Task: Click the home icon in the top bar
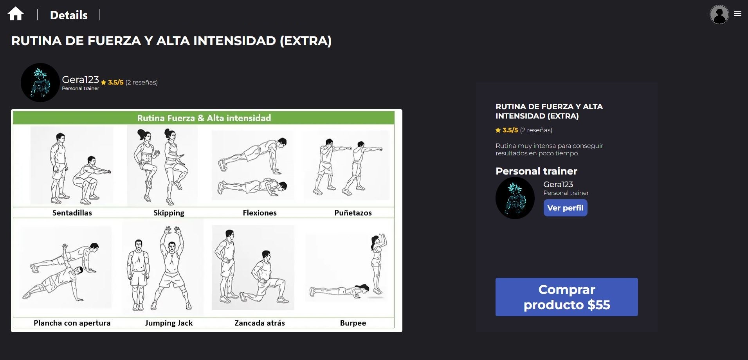coord(16,14)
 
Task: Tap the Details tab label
coord(69,15)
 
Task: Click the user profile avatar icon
coord(719,14)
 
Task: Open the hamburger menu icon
coord(738,14)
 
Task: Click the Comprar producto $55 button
coord(566,297)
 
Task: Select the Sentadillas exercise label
coord(72,213)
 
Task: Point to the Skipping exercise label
coord(169,213)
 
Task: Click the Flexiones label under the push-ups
coord(260,213)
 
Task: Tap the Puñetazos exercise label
coord(353,213)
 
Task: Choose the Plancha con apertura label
coord(72,323)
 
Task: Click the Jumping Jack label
coord(169,323)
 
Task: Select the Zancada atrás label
coord(260,323)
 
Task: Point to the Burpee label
coord(353,323)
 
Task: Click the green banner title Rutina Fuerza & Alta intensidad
coord(204,118)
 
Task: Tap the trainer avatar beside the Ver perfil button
coord(515,198)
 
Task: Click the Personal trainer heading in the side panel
coord(536,171)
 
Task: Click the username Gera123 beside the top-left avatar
coord(80,79)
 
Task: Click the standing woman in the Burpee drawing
coord(377,264)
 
